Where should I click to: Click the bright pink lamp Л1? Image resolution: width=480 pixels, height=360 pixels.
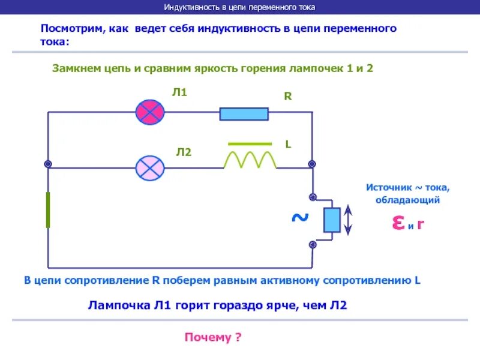150,112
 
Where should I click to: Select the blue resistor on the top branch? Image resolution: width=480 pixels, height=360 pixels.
244,113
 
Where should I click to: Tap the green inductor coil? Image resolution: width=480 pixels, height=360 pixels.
250,160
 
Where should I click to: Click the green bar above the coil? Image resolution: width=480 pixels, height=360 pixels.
250,144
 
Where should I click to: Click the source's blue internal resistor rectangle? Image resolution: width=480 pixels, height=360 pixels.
332,220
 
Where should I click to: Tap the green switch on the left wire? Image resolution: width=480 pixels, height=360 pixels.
48,210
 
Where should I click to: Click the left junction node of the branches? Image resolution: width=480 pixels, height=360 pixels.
48,164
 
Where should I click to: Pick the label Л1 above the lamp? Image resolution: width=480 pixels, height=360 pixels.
180,92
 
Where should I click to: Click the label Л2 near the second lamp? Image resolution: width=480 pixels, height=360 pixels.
184,152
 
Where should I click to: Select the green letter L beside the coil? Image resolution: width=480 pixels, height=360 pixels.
288,145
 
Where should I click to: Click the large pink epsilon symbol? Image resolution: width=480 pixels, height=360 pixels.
398,223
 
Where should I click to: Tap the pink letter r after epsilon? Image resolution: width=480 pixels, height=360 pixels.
421,224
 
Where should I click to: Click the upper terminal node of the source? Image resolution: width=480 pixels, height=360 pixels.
312,196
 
